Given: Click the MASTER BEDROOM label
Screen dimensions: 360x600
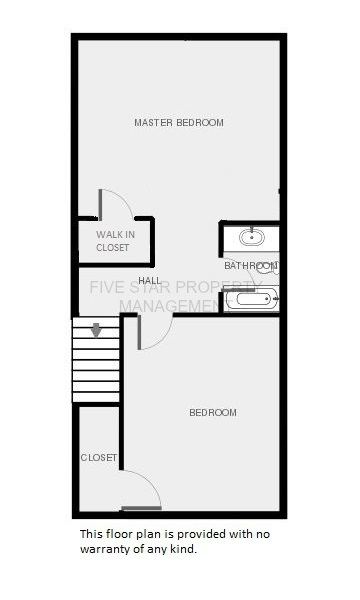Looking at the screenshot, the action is point(179,122).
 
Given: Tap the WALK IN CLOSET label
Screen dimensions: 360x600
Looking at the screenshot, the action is point(115,241).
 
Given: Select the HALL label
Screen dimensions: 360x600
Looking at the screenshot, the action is point(150,280).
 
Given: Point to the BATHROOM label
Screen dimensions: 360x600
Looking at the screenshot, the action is point(251,266).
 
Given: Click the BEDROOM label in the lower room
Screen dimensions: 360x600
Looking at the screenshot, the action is point(213,412).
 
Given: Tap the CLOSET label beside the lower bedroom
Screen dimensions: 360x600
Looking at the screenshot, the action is point(99,458).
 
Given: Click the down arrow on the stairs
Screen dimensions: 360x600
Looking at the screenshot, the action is point(96,330).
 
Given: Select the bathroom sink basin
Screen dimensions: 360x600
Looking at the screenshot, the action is point(251,237).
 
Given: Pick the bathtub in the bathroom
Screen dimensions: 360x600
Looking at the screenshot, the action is point(252,299).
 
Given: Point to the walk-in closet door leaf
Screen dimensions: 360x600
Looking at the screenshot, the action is point(100,205).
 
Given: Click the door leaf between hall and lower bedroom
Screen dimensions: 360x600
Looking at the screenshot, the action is point(139,332).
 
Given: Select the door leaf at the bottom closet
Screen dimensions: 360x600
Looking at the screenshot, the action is point(141,508).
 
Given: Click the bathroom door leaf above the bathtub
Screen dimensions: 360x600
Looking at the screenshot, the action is point(239,290).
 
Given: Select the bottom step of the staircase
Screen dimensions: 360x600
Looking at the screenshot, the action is point(96,397).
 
